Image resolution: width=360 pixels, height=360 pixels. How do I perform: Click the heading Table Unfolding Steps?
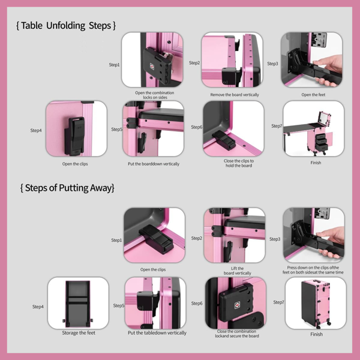coord(66,26)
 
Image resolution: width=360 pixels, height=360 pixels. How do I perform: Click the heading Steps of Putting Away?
coord(67,188)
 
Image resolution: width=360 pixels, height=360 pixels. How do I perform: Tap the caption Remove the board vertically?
coord(235,95)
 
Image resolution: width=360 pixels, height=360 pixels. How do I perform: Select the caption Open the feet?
coord(313,95)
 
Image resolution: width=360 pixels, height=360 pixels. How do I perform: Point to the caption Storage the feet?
coord(78,332)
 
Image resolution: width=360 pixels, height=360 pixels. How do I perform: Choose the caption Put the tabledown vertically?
coord(157,332)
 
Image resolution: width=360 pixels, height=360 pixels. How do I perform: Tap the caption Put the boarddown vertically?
coord(154,164)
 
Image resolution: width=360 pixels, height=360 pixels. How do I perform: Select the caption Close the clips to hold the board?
coord(235,163)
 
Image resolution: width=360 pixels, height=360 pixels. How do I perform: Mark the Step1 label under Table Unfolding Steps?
coord(114,65)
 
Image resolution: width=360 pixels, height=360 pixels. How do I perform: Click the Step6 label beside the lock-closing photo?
coord(197,304)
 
